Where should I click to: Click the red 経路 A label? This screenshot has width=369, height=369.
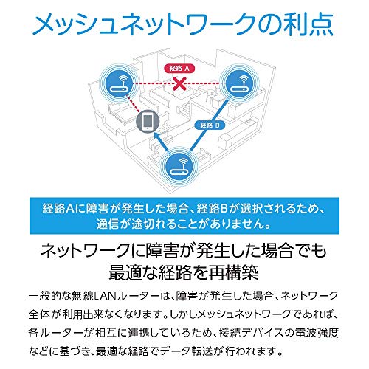click(x=179, y=69)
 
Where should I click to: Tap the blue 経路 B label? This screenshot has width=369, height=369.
click(x=210, y=125)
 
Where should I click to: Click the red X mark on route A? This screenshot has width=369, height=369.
click(x=179, y=84)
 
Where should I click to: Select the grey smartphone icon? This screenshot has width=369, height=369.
click(x=148, y=121)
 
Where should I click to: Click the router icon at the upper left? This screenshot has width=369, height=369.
click(x=119, y=84)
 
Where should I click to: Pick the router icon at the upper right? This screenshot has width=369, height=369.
click(x=240, y=84)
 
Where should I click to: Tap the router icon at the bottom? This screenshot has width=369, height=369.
click(x=179, y=168)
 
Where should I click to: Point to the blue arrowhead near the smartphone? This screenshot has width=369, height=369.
click(x=157, y=136)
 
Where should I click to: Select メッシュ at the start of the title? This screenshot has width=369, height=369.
click(x=75, y=24)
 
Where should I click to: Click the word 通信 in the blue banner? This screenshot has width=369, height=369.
click(x=104, y=224)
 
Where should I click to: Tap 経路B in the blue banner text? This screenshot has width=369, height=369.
click(x=212, y=209)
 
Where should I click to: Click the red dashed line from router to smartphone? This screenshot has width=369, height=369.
click(x=134, y=105)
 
